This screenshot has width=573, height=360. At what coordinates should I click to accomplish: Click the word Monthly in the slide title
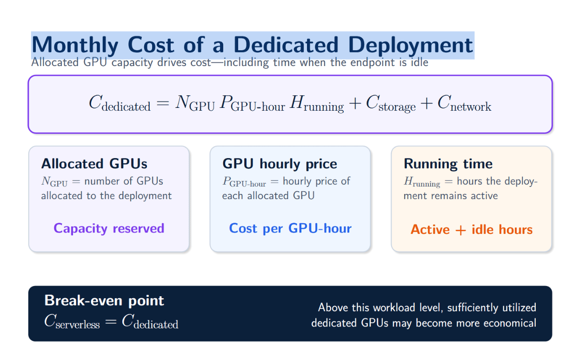tap(75, 46)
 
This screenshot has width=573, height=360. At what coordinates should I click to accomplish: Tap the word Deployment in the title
tap(410, 46)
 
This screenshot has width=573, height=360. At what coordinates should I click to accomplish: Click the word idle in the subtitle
tap(420, 62)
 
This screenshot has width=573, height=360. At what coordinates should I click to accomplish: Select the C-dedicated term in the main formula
tap(120, 104)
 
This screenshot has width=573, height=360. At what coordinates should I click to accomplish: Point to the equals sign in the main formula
tap(163, 103)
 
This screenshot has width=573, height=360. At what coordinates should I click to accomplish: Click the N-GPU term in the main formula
tap(195, 103)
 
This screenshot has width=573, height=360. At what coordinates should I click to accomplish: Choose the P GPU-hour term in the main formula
tap(253, 104)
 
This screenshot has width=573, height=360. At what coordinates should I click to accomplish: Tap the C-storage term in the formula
tap(391, 104)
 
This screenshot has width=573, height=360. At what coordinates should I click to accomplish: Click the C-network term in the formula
tap(464, 103)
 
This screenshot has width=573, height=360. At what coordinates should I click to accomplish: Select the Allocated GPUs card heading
tap(94, 164)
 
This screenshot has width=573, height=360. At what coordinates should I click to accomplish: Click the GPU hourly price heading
tap(280, 164)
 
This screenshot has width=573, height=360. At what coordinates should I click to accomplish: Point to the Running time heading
tap(448, 164)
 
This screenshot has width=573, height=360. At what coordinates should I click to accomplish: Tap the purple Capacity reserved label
tap(109, 228)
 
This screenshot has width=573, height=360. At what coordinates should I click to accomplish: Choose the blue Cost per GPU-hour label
tap(290, 228)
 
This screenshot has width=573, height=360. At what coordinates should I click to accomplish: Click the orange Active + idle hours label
tap(472, 229)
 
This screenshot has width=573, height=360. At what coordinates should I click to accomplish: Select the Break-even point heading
tap(104, 301)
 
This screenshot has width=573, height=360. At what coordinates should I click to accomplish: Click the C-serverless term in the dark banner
tap(72, 321)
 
